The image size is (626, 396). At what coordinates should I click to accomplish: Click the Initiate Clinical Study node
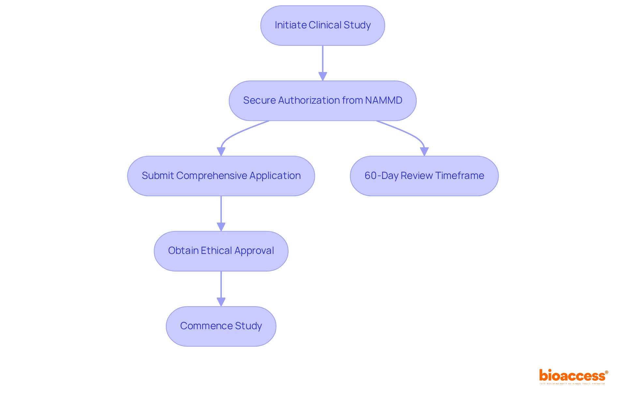coord(322,25)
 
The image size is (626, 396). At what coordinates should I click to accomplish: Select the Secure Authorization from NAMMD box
coord(322,101)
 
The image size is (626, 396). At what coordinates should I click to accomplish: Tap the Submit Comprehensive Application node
coord(221,176)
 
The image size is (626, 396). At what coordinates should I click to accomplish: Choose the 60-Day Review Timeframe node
coord(424,176)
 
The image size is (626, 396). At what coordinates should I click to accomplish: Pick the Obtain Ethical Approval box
coord(221,251)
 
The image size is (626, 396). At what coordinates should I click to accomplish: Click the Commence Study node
coord(221,326)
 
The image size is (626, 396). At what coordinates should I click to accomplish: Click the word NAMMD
coord(383,100)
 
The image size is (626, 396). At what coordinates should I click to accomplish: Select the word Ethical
coord(216,251)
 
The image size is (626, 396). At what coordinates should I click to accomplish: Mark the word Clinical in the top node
coord(325,25)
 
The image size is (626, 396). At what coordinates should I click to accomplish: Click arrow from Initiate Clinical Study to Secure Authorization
coord(322,60)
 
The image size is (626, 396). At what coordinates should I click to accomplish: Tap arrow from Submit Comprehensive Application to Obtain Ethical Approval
coord(221,212)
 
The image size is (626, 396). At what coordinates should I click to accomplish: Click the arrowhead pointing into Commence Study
coord(221,302)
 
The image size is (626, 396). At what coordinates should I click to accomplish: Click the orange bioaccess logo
coord(572,376)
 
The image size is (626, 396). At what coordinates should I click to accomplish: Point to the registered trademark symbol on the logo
coord(606,372)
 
